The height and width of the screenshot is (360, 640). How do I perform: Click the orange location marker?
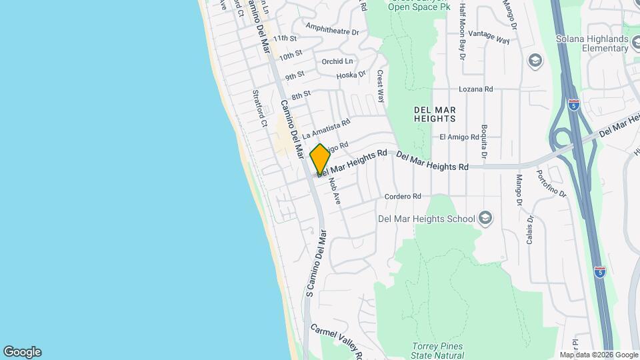pyautogui.click(x=320, y=159)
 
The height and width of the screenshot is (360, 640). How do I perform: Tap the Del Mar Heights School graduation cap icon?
pyautogui.click(x=485, y=218)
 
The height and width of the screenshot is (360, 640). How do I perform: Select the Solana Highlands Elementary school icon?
pyautogui.click(x=535, y=61)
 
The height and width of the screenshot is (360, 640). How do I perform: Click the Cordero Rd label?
pyautogui.click(x=403, y=197)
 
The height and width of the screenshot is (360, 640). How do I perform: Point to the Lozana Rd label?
pyautogui.click(x=475, y=89)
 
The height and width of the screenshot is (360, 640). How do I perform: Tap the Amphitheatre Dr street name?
pyautogui.click(x=332, y=29)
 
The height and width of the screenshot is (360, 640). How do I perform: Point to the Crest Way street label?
pyautogui.click(x=381, y=86)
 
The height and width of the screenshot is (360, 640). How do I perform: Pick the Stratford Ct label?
pyautogui.click(x=258, y=109)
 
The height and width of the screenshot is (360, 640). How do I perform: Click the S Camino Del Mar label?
pyautogui.click(x=316, y=263)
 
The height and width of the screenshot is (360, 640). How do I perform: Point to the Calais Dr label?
pyautogui.click(x=530, y=229)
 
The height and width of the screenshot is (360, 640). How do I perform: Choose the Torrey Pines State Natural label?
pyautogui.click(x=438, y=351)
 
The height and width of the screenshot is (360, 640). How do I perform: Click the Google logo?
pyautogui.click(x=22, y=352)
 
